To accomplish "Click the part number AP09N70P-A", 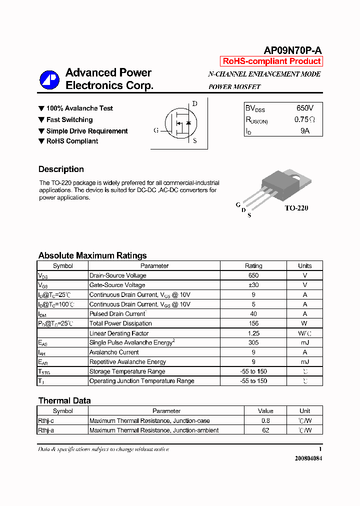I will point(292,50).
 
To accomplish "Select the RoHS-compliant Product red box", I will point(271,61).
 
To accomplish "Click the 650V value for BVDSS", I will point(304,108).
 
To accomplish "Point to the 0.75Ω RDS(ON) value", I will point(304,119).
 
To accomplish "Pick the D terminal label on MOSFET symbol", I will point(195,104).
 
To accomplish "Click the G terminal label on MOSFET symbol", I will point(156,130).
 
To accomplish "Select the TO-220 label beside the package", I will point(296,208).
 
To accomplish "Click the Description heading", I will point(61,169).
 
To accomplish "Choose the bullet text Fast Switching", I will point(69,119).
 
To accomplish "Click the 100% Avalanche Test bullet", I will point(79,108).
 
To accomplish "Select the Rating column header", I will point(253,266).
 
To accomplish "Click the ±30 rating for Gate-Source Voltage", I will point(253,285).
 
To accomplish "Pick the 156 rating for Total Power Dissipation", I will point(253,323).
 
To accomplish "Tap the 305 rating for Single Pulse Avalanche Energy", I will point(253,342).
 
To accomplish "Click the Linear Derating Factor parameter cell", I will point(119,333).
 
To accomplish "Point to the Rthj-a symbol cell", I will point(49,430).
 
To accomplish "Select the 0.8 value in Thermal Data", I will point(265,420).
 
